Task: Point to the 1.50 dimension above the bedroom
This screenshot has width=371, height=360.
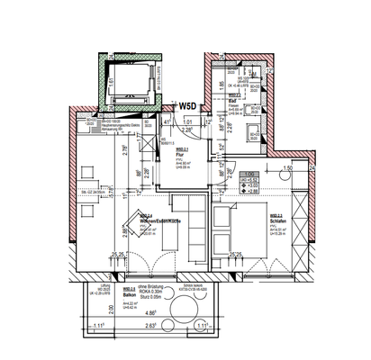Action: pos(287,168)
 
